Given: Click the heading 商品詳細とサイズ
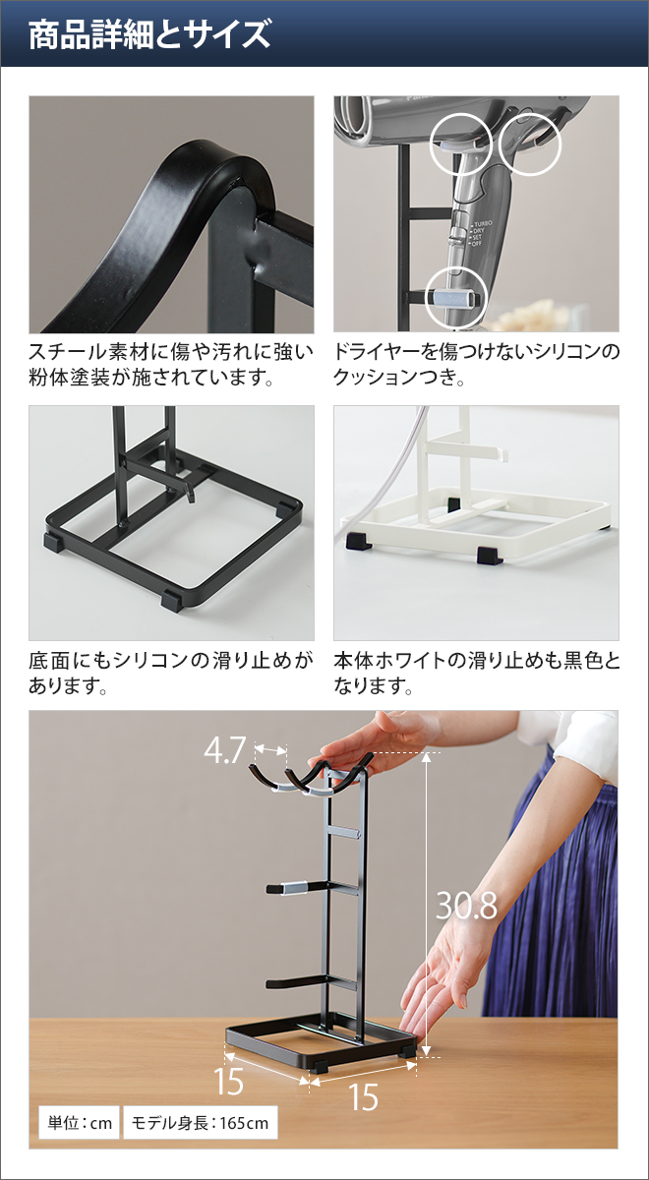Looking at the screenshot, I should click(149, 35).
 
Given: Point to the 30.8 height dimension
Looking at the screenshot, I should click(466, 906).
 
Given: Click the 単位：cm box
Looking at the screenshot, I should click(79, 1122).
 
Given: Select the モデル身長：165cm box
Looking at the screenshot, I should click(200, 1122).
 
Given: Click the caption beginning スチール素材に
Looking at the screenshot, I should click(171, 364).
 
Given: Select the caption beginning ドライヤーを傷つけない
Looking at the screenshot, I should click(477, 364).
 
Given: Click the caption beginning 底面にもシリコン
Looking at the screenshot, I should click(171, 672).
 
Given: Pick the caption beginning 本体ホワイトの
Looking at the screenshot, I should click(477, 672).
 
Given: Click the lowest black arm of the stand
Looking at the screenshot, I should click(305, 981).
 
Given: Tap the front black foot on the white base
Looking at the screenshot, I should click(489, 555).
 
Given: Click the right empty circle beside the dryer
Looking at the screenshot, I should click(530, 147).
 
